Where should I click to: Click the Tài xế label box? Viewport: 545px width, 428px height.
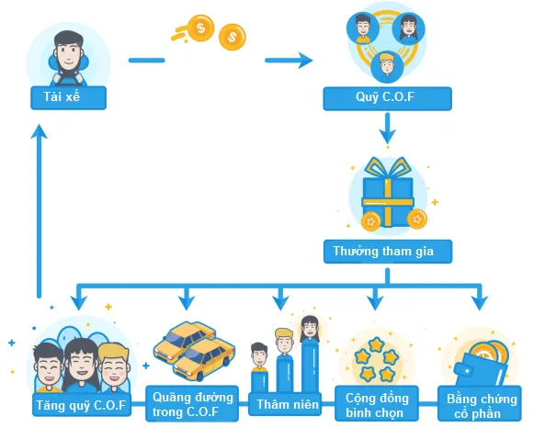[69, 97]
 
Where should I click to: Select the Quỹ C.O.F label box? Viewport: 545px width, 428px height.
[387, 98]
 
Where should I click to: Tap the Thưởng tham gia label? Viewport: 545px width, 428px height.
[388, 251]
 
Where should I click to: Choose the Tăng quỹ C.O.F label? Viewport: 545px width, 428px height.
[82, 405]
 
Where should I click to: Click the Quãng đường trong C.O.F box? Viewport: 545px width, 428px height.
[192, 403]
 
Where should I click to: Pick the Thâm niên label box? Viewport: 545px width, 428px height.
[285, 404]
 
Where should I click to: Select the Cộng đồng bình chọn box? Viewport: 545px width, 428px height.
[377, 404]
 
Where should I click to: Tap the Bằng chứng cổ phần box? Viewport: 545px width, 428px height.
[480, 404]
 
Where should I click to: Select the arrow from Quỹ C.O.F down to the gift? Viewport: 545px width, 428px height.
[388, 129]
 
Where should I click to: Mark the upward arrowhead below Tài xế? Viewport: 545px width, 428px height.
[39, 132]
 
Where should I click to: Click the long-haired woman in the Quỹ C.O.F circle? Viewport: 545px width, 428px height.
[408, 28]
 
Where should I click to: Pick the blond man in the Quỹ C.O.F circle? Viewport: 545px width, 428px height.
[387, 67]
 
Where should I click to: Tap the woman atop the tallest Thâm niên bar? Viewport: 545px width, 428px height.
[310, 329]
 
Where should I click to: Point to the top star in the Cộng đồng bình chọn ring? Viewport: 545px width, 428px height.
[377, 344]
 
